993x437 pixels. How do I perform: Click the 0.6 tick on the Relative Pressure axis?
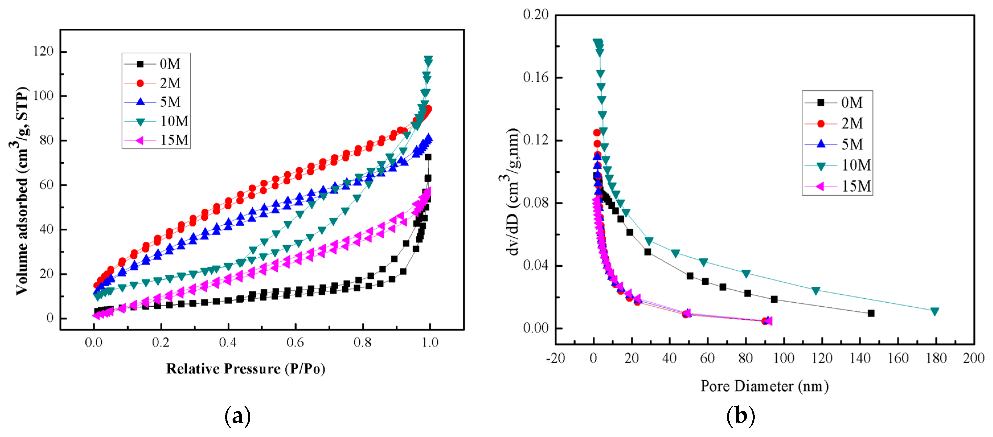pos(295,342)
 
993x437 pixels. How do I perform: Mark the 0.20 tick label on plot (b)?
pos(536,15)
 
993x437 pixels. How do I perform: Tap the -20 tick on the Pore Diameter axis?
pos(555,358)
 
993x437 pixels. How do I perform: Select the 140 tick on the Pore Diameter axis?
pos(860,358)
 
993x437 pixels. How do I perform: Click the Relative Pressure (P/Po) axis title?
pos(246,369)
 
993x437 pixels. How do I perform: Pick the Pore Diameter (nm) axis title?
pos(764,386)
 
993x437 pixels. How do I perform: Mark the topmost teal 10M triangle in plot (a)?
pos(428,59)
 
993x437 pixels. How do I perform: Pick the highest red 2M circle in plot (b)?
pos(597,133)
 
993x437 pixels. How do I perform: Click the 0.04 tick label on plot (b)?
pos(536,266)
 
